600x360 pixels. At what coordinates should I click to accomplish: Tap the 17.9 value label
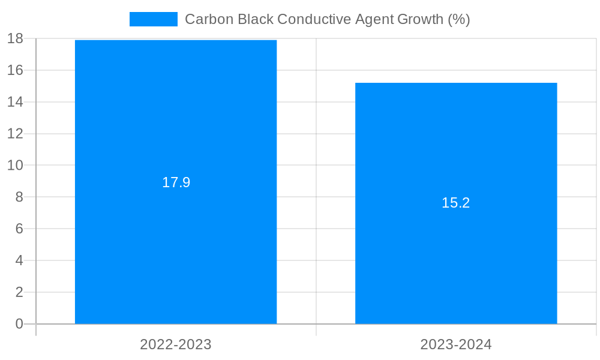click(176, 182)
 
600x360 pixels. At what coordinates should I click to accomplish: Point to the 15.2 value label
click(456, 203)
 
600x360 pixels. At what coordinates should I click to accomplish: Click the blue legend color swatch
click(154, 19)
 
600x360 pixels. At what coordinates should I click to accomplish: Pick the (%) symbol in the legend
click(459, 19)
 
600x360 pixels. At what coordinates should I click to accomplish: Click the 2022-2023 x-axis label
click(176, 344)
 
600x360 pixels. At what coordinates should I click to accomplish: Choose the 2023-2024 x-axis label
click(456, 344)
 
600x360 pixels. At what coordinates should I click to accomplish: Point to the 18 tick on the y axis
click(15, 38)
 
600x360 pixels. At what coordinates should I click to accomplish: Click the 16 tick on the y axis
click(15, 70)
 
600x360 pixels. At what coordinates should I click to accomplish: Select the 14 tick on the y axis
click(15, 102)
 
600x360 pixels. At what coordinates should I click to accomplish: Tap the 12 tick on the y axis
click(15, 134)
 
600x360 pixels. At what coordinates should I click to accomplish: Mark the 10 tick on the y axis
click(15, 165)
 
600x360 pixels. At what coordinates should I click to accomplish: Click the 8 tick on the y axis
click(19, 197)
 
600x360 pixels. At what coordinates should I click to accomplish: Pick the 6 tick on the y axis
click(19, 229)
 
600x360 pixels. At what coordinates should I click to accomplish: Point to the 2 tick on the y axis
click(19, 292)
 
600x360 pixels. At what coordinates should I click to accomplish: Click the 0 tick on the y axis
click(19, 324)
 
